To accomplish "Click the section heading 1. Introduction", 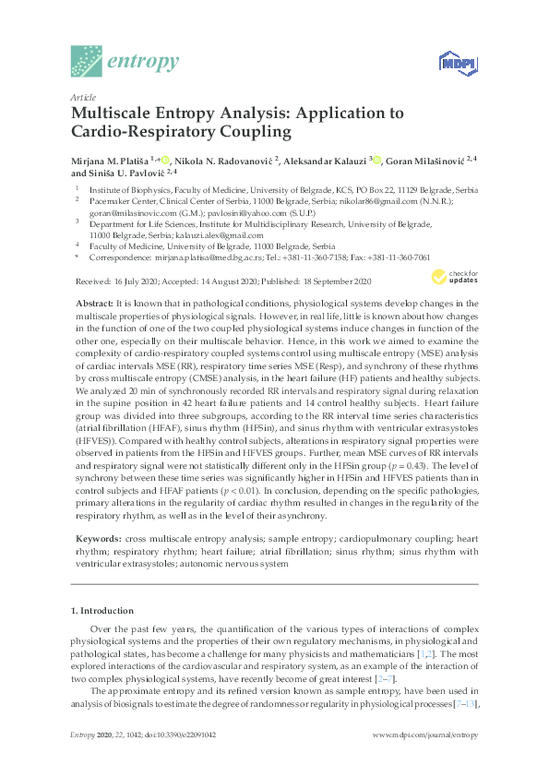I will coord(102,611).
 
